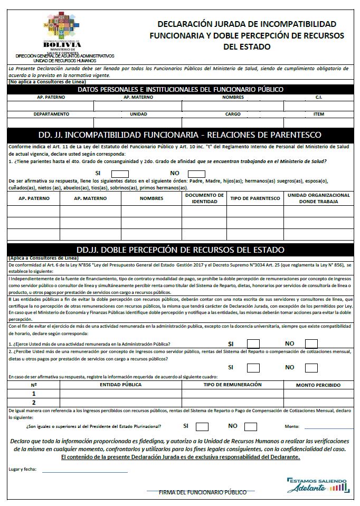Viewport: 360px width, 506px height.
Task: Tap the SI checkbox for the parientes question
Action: (x=120, y=174)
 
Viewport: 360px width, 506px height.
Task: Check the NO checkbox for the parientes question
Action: (x=196, y=174)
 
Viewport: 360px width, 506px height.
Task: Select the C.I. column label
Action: (x=319, y=98)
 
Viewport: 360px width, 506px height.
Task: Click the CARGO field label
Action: (x=233, y=114)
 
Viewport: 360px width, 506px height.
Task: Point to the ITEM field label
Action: (x=319, y=114)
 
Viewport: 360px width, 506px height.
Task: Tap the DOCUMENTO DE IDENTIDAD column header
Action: (x=204, y=198)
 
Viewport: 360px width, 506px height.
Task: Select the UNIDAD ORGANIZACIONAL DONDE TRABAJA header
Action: (x=319, y=198)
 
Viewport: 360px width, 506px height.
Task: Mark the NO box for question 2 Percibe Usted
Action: (x=311, y=367)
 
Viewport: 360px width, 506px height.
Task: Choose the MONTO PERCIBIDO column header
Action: (x=319, y=385)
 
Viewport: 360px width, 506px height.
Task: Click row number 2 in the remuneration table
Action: (x=34, y=402)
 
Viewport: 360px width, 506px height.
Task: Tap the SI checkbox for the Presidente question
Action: (x=202, y=427)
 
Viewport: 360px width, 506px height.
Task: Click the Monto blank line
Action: (x=328, y=428)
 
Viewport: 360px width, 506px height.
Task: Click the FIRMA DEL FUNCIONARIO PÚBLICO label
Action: (x=203, y=492)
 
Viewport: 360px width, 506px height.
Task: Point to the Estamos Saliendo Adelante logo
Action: (x=318, y=485)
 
